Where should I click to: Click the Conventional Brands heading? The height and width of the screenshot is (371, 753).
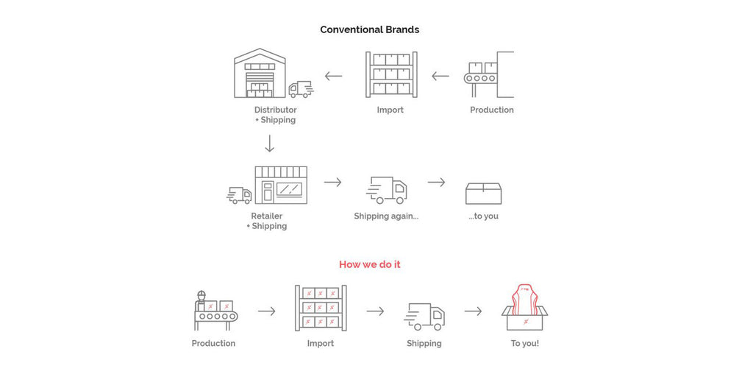(370, 30)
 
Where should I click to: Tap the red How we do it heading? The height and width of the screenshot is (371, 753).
(370, 264)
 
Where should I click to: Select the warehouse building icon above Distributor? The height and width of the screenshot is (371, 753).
(259, 74)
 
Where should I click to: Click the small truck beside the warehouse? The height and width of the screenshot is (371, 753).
(300, 90)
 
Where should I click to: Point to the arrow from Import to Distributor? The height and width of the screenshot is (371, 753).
(333, 75)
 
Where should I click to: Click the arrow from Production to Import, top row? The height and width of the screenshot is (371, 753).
(440, 75)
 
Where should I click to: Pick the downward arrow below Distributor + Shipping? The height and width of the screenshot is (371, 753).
(270, 143)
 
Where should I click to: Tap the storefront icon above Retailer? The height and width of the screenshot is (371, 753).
(281, 184)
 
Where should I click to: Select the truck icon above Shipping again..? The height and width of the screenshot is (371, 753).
(386, 190)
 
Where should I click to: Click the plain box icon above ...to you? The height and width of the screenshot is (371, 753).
(483, 192)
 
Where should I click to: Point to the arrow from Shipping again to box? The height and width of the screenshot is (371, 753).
(437, 182)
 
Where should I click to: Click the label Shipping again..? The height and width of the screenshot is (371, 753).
(386, 216)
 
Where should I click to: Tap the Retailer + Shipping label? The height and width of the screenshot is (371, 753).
(266, 221)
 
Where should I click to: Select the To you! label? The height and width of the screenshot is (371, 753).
(524, 344)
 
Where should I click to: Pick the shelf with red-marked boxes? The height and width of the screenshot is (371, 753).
(321, 308)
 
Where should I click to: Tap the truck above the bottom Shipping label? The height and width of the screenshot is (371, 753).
(425, 316)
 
